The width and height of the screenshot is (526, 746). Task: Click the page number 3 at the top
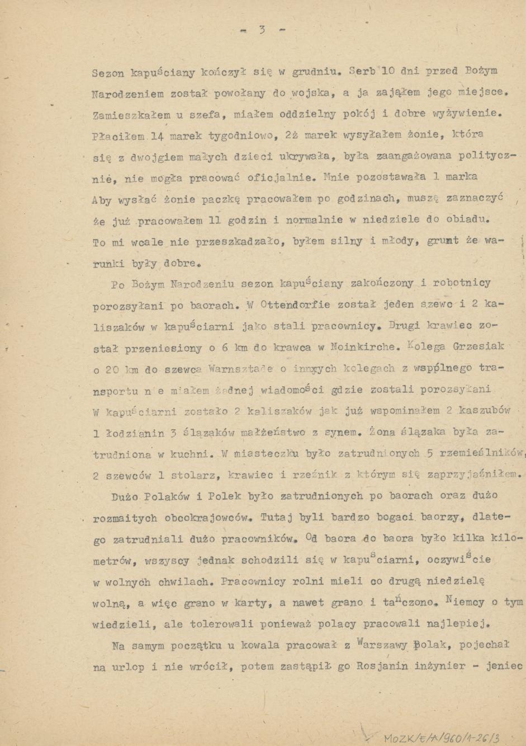click(262, 30)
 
